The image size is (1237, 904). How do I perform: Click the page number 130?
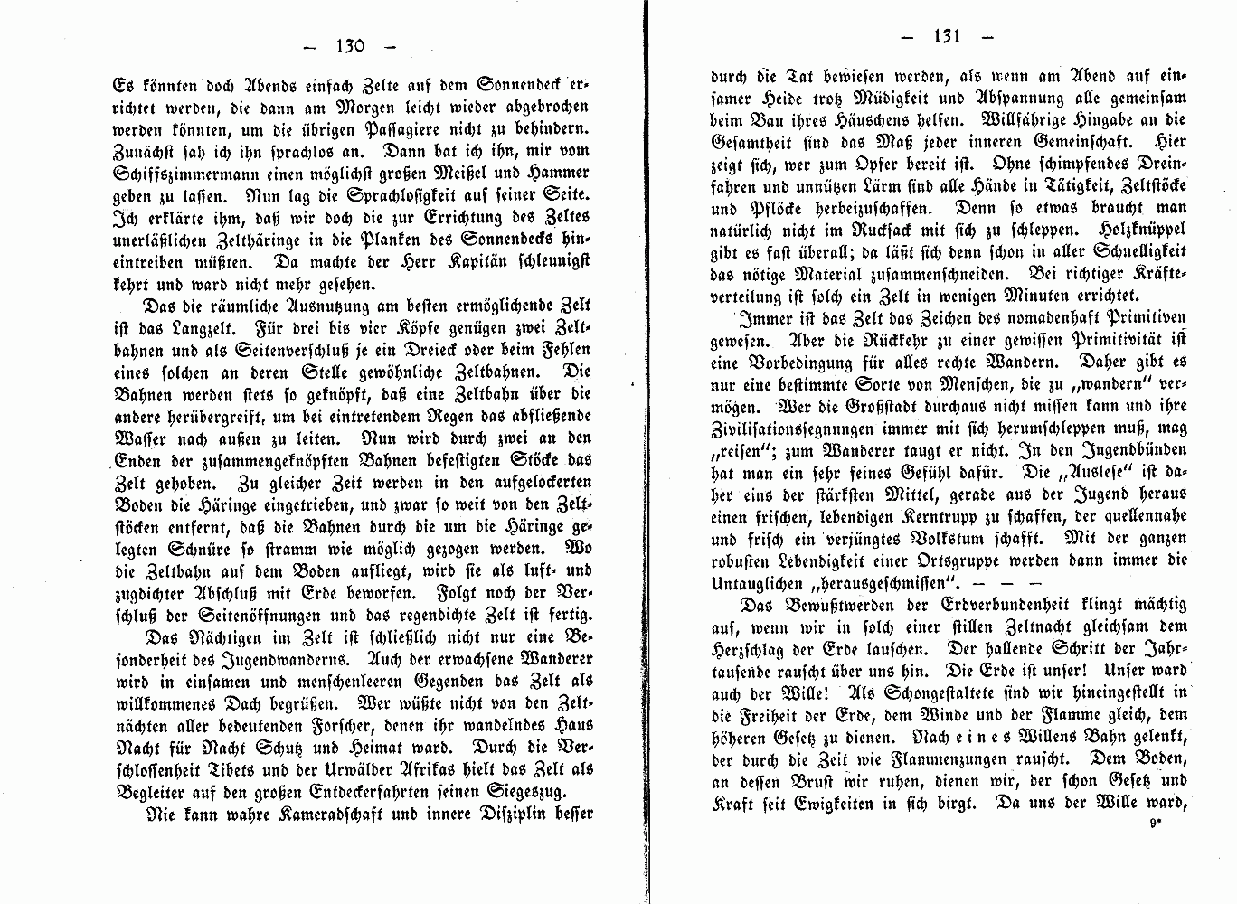point(348,45)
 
